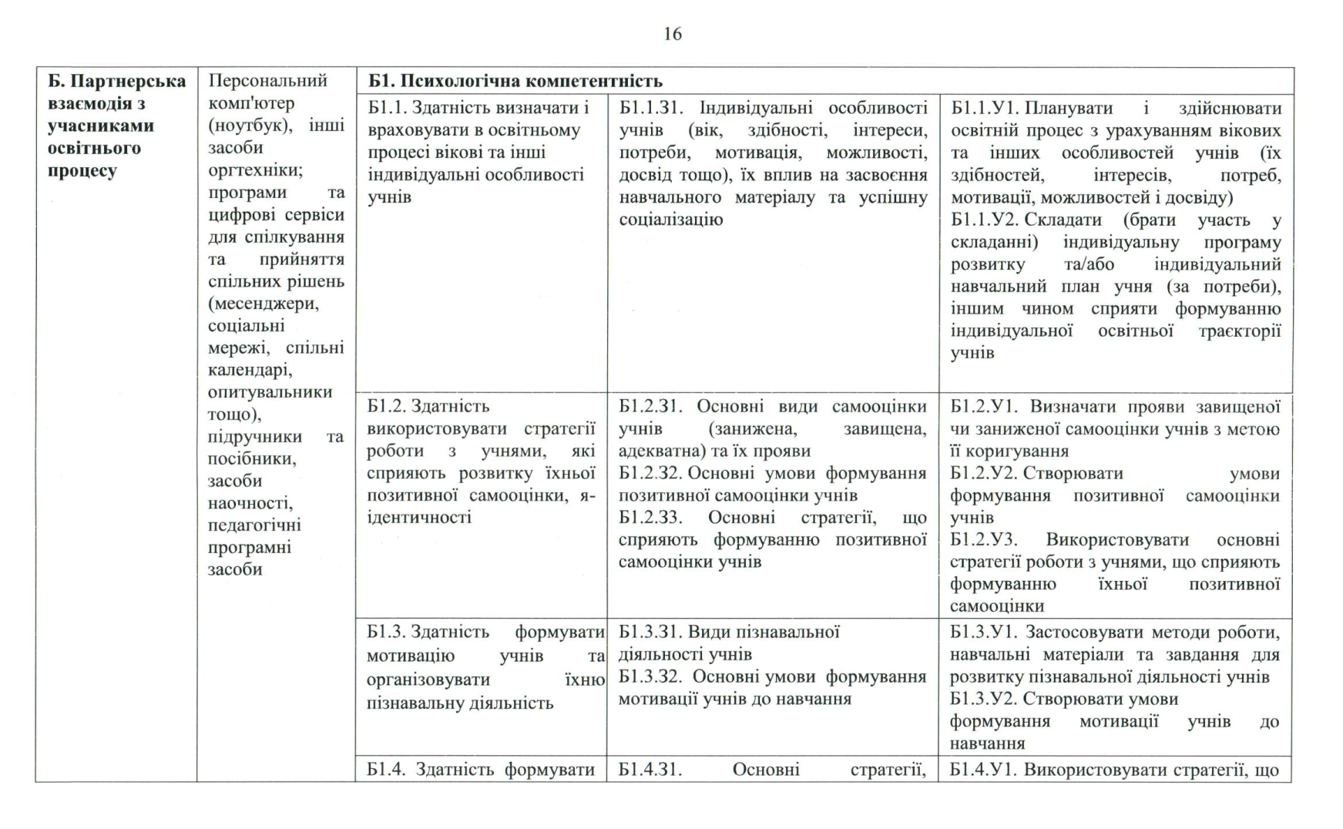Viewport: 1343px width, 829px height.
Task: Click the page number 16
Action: click(x=672, y=34)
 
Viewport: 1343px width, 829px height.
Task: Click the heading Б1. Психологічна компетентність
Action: click(x=515, y=81)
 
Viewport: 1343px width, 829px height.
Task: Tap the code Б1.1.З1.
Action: click(x=652, y=108)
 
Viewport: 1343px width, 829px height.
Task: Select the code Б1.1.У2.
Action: click(x=983, y=220)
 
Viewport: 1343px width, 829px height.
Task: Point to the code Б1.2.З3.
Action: click(x=650, y=518)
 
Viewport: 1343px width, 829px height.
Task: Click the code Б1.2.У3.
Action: click(x=983, y=540)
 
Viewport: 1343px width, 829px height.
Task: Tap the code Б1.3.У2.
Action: click(x=983, y=699)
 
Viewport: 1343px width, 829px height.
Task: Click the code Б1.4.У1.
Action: click(x=982, y=770)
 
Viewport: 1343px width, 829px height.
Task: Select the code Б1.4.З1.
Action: click(x=650, y=770)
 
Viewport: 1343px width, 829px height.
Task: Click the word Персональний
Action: click(x=267, y=81)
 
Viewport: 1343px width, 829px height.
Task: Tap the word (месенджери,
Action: click(x=264, y=304)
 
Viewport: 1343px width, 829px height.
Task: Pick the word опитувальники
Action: click(x=270, y=392)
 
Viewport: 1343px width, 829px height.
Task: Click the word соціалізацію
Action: click(x=670, y=220)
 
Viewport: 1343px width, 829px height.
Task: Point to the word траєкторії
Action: click(x=1240, y=331)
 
